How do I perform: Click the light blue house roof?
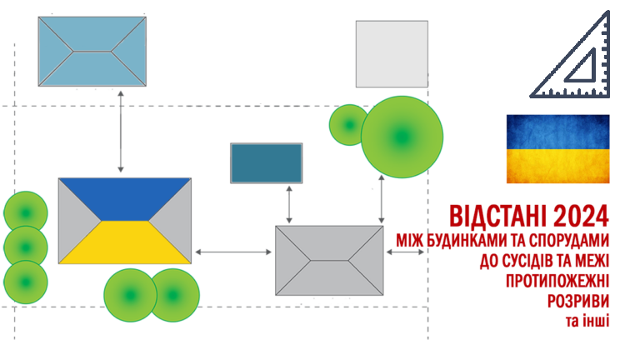tap(92, 51)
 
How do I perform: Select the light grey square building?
tap(392, 54)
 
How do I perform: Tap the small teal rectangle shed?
tap(266, 162)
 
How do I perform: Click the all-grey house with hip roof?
tap(329, 260)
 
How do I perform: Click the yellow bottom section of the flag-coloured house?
tap(124, 243)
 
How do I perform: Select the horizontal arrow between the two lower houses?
tap(233, 251)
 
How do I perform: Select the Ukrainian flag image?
tap(557, 149)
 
